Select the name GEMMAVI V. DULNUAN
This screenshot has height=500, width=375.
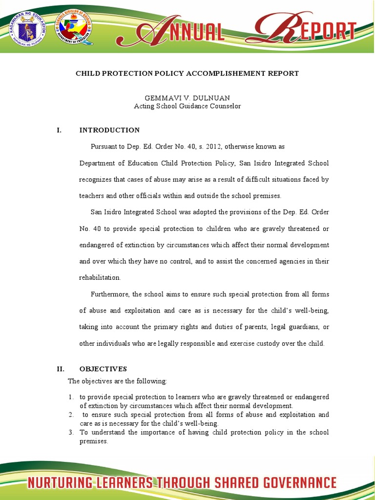point(187,98)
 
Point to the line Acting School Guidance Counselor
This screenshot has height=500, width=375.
point(187,106)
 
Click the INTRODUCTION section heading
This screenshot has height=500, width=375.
point(109,130)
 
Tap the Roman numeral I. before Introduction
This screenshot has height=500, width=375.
point(59,130)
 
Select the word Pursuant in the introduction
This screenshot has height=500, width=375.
point(104,146)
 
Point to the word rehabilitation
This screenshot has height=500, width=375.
point(100,277)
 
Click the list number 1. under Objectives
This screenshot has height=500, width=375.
point(71,397)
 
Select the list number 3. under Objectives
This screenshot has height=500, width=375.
point(71,432)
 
